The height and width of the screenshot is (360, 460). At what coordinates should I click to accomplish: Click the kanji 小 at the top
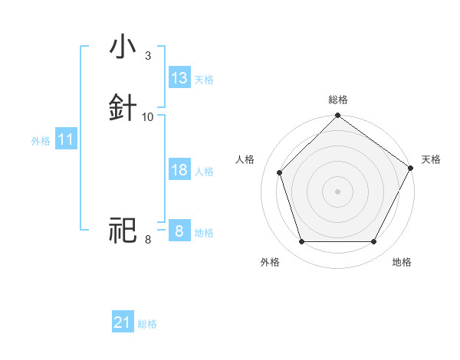click(123, 47)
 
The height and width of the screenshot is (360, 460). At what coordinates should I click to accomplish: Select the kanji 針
click(123, 107)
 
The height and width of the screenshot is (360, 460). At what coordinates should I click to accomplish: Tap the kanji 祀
click(123, 230)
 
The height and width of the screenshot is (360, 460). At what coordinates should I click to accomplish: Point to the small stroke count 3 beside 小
click(147, 55)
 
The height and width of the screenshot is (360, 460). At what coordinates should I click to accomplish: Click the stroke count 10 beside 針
click(148, 116)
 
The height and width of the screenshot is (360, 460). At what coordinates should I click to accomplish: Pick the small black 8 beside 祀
click(147, 240)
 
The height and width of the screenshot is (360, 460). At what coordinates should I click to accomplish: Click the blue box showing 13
click(179, 78)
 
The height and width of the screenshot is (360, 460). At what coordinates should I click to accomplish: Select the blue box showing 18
click(179, 170)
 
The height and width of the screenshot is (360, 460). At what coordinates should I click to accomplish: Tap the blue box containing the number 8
click(179, 231)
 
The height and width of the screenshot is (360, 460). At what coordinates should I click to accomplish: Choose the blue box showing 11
click(66, 140)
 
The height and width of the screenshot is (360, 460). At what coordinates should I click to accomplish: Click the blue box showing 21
click(123, 322)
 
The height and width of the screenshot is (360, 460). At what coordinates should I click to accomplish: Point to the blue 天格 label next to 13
click(204, 80)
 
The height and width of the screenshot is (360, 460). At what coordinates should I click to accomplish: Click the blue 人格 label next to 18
click(204, 172)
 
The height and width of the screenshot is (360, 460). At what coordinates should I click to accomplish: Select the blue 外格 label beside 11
click(41, 141)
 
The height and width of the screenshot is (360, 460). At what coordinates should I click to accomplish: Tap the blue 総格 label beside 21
click(147, 324)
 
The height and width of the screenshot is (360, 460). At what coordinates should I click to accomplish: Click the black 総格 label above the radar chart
click(337, 100)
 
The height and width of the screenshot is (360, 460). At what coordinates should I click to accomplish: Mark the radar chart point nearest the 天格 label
click(410, 168)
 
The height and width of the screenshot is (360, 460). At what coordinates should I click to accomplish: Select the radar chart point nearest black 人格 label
click(280, 172)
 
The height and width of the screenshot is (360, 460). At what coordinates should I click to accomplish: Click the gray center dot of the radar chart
click(337, 191)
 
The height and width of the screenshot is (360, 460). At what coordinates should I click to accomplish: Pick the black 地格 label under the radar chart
click(402, 262)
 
